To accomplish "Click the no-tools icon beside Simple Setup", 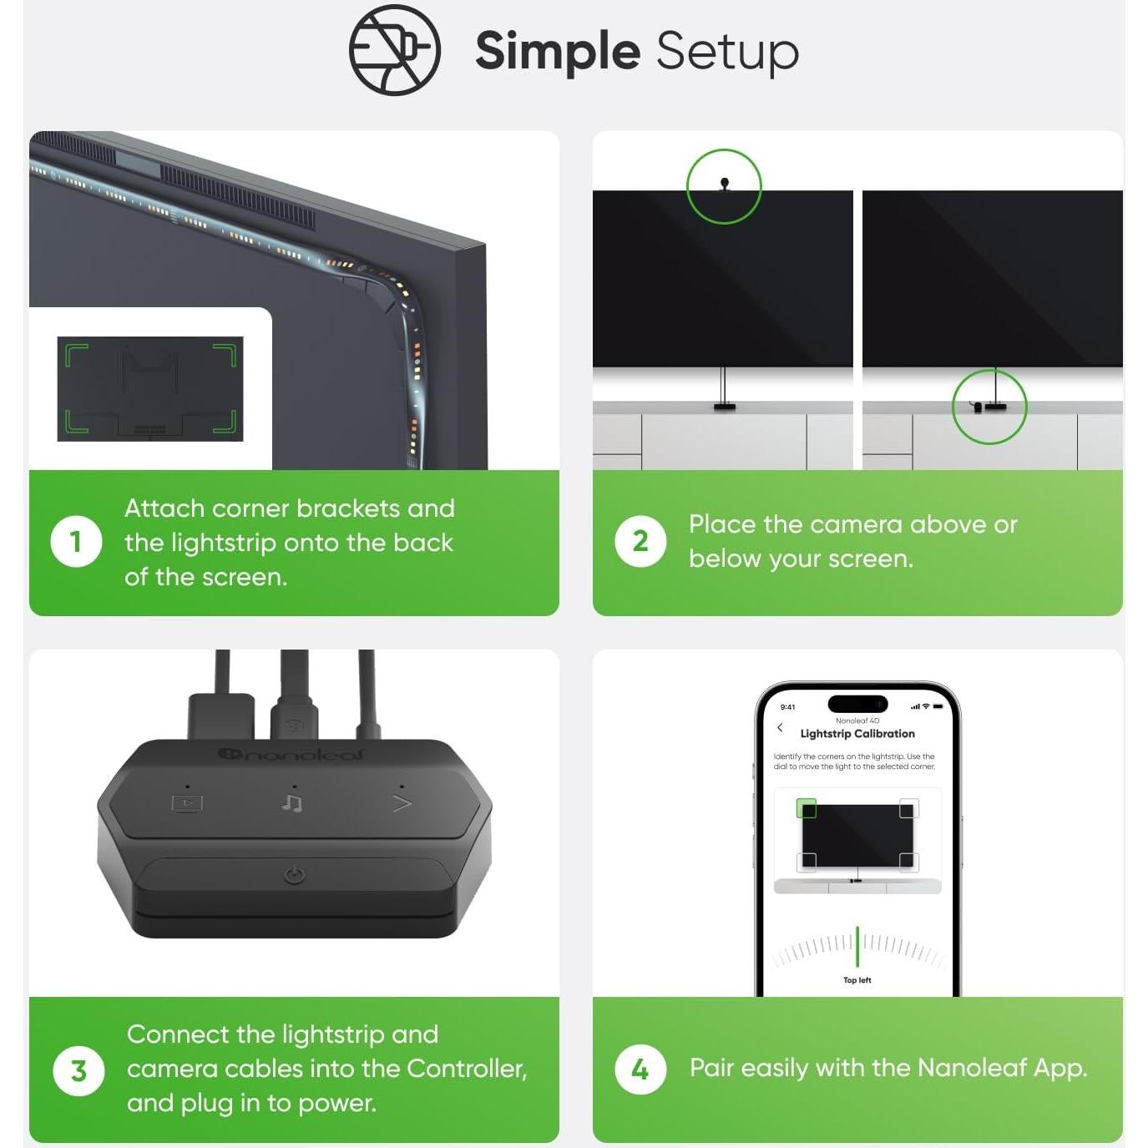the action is (394, 49).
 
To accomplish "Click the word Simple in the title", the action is (558, 51).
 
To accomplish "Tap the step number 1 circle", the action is (76, 542).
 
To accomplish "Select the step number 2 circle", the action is (640, 542).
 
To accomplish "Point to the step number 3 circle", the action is (78, 1070).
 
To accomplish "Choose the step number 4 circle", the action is (640, 1070).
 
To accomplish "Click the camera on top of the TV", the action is (724, 184).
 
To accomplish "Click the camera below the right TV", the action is (978, 407).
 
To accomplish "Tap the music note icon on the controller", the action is (292, 803).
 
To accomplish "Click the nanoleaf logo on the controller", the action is (290, 755).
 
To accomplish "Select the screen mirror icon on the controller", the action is (187, 804).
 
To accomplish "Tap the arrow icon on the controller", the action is (402, 804).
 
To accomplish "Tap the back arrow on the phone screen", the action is (780, 727).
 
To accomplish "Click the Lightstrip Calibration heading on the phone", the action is (857, 733).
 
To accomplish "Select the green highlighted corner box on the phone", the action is (806, 808).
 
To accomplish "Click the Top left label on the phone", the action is (857, 980).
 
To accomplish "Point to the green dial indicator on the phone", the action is (857, 947).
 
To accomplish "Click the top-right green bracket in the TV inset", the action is (225, 355).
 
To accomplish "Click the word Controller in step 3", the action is (467, 1068).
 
